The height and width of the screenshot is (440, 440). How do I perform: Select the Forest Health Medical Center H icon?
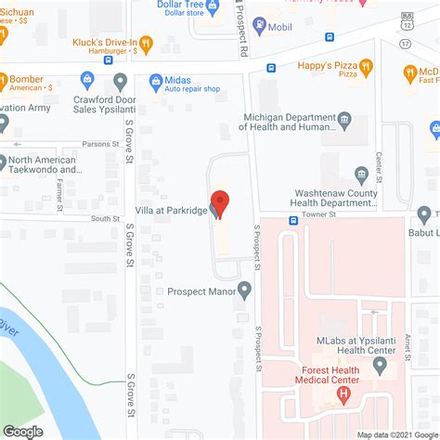coord(344,395)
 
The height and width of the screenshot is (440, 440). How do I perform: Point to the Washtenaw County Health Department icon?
coord(363,173)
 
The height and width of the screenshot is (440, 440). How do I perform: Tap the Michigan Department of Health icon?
coord(344,118)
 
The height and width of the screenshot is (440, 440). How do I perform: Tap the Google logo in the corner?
coord(23,431)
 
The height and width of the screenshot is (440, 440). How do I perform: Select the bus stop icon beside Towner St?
coord(292,221)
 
